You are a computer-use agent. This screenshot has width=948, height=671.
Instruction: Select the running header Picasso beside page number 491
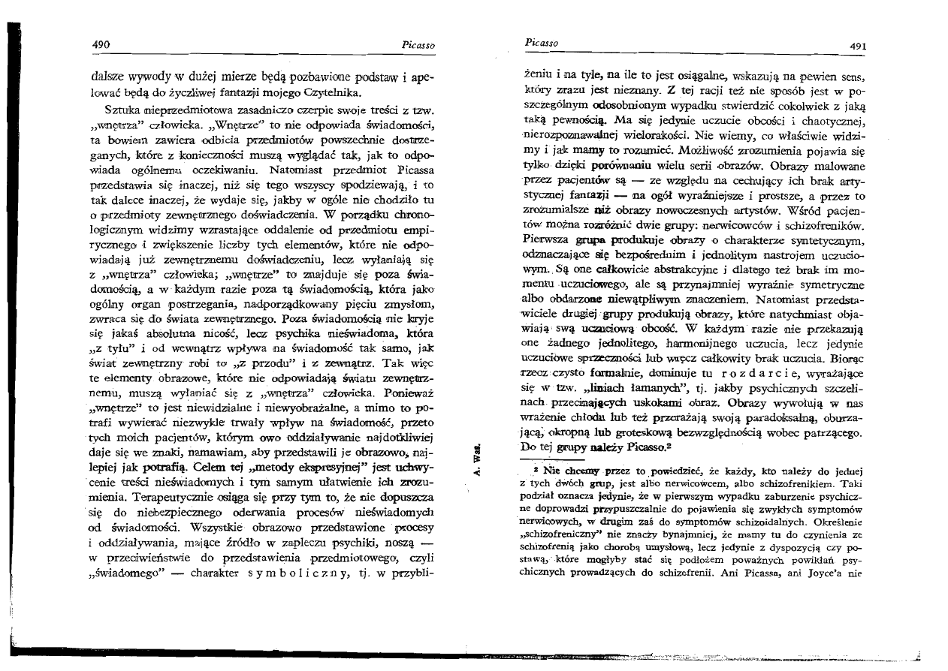click(x=539, y=44)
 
